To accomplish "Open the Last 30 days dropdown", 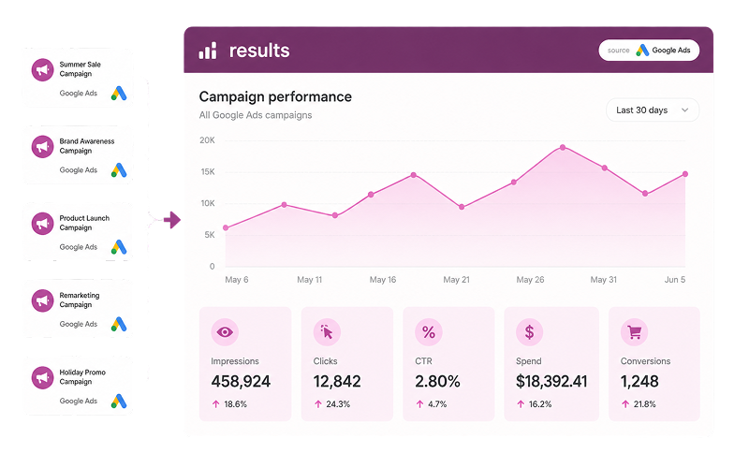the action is point(652,110).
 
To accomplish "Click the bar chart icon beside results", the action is point(208,51).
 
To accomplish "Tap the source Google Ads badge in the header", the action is point(649,51).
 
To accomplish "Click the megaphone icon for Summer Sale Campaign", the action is point(42,69).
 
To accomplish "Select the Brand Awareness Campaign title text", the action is point(87,146).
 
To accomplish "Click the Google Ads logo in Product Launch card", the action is point(119,247).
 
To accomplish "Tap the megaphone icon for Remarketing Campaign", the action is point(42,300).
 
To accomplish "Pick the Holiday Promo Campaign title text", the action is point(82,377).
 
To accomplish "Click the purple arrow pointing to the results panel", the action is point(172,220).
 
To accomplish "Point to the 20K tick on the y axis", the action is point(207,140).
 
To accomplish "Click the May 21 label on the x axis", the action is point(456,280).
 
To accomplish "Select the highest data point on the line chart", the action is point(563,148).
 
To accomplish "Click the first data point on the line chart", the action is point(226,227).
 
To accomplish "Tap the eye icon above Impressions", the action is point(225,332).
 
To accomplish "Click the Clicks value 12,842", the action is point(337,381).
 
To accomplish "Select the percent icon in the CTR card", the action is point(429,332).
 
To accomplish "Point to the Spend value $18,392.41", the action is point(551,381).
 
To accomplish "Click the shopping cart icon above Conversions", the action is point(634,332).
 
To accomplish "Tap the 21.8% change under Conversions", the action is point(644,404).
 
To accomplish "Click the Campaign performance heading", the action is point(275,97).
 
